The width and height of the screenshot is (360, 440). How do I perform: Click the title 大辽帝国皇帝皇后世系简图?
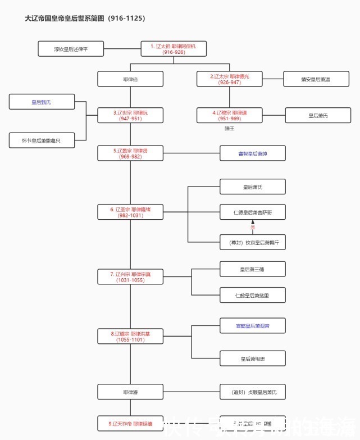(x=85, y=18)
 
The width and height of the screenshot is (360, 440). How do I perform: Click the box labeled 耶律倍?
(x=130, y=79)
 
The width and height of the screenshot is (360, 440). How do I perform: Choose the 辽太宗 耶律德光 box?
(x=230, y=79)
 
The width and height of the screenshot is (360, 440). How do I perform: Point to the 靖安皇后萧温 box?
(x=316, y=79)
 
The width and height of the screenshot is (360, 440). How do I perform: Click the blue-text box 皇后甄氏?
(x=42, y=102)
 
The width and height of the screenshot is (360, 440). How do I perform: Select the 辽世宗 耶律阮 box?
(x=130, y=116)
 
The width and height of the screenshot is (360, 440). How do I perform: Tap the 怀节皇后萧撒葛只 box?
(x=42, y=140)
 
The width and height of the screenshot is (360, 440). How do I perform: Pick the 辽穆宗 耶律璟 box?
(x=230, y=116)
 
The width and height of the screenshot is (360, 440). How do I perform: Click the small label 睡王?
(x=229, y=129)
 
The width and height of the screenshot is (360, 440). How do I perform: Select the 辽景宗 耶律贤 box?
(x=130, y=153)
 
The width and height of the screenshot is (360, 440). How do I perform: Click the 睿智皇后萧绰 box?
(x=252, y=153)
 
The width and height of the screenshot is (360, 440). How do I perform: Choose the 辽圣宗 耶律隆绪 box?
(x=130, y=212)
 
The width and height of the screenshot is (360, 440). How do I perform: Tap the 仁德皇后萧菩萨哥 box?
(x=252, y=212)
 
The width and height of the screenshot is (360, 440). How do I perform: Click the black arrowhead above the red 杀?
(x=253, y=223)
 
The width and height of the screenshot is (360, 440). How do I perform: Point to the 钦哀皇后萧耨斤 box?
(x=252, y=242)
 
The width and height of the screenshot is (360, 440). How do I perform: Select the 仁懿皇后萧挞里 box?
(x=252, y=295)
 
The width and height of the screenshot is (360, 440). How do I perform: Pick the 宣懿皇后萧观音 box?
(x=252, y=325)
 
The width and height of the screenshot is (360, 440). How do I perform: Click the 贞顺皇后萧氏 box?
(x=252, y=392)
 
